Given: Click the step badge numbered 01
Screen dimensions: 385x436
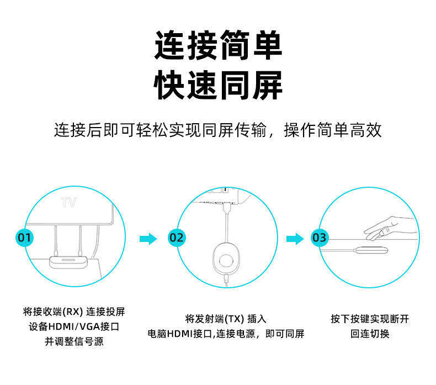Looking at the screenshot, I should (x=24, y=238).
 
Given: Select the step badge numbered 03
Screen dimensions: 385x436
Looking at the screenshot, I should (x=319, y=238).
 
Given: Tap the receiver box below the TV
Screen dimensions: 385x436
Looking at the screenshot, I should (x=67, y=261).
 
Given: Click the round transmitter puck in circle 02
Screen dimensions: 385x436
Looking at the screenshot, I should (x=226, y=260).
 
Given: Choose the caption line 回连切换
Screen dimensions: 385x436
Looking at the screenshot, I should (x=370, y=334).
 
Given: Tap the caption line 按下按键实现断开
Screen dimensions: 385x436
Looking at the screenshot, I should (x=370, y=319).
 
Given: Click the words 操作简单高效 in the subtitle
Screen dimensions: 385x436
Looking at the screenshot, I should (x=333, y=131).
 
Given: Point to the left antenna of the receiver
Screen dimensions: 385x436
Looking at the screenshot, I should (x=56, y=238).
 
